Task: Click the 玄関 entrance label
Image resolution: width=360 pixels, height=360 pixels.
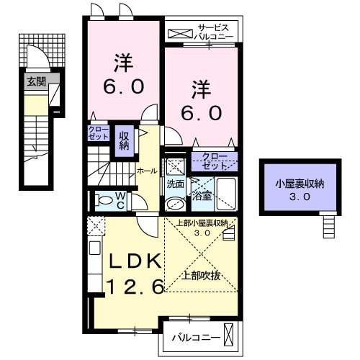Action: tap(36, 81)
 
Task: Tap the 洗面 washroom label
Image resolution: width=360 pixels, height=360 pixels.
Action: tap(175, 184)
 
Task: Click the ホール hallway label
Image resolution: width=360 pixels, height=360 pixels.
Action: tap(147, 171)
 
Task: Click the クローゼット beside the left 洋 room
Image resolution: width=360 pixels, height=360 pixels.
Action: tap(97, 134)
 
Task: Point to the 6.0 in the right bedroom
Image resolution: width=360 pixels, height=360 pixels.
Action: tap(201, 114)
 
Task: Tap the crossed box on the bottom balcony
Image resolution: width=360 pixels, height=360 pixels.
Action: tap(229, 335)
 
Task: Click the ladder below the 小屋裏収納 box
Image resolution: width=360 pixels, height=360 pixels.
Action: tap(328, 226)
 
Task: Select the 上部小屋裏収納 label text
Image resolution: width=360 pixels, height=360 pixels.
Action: tap(202, 222)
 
